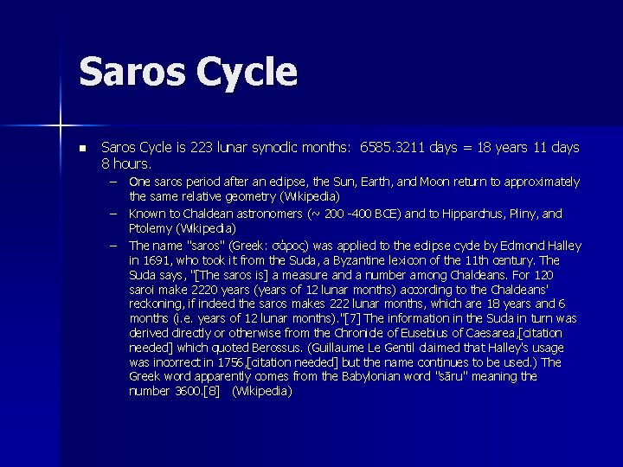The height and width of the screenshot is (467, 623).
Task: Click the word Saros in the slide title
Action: (x=132, y=72)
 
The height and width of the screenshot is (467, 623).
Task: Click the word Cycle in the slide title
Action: (x=246, y=73)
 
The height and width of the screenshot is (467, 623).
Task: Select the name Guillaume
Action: (x=340, y=348)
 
